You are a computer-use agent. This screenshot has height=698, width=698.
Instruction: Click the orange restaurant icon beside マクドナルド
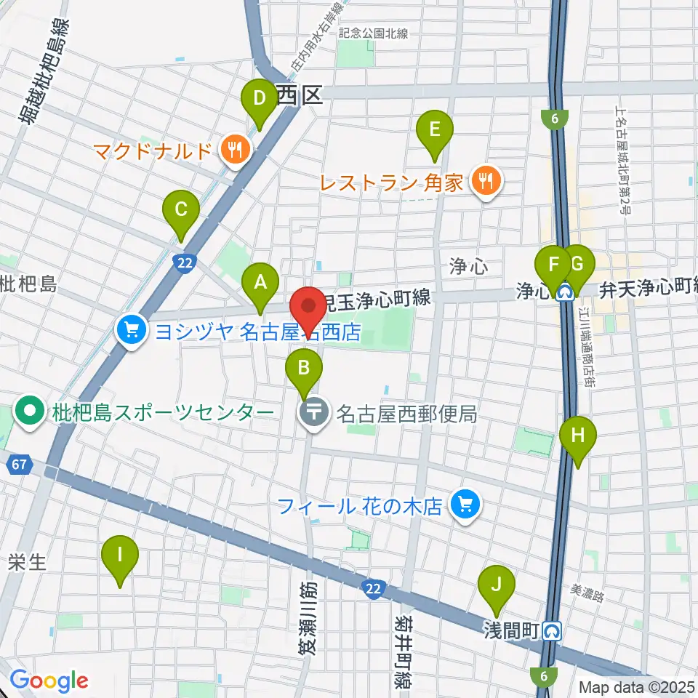point(234,151)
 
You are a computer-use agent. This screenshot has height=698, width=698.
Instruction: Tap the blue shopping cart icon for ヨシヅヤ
point(131,332)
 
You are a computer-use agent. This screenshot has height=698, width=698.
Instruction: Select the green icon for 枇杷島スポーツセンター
point(31,413)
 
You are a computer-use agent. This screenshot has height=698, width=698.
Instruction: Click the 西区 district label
point(300,94)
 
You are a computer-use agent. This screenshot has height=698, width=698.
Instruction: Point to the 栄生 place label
point(28,562)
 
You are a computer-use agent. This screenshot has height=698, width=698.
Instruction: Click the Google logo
point(49,681)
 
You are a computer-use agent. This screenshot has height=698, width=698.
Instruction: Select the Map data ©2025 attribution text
point(636,686)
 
